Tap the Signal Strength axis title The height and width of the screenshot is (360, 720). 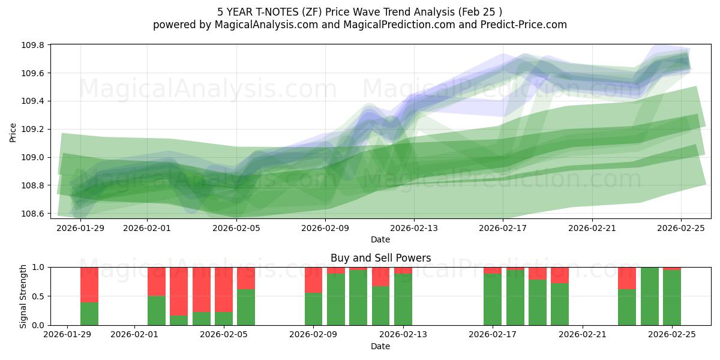click(x=23, y=296)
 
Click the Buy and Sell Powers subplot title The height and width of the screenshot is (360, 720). click(x=380, y=258)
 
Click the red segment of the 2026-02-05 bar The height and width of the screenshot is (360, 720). click(x=224, y=289)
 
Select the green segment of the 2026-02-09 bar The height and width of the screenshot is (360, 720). click(x=313, y=309)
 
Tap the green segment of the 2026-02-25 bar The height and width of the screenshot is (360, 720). click(x=672, y=298)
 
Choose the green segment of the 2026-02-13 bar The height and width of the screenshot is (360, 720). click(x=403, y=299)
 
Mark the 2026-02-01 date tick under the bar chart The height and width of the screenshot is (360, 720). click(x=134, y=334)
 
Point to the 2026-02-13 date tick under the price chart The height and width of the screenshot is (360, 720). click(x=414, y=228)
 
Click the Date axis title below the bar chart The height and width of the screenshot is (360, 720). click(x=380, y=346)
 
